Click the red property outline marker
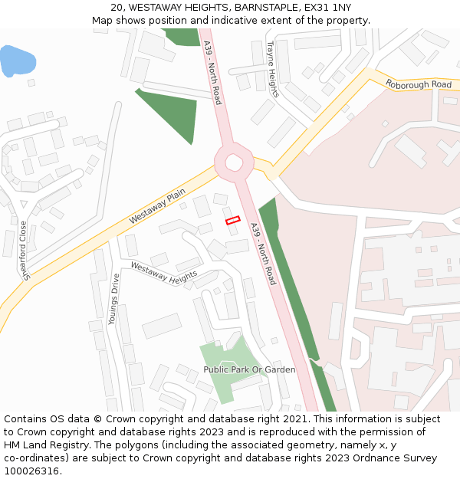click(x=232, y=220)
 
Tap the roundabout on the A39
click(x=234, y=162)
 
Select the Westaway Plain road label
click(x=157, y=208)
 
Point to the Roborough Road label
click(x=418, y=84)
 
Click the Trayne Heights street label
click(x=272, y=69)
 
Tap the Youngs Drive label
click(x=114, y=299)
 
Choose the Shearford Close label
click(x=25, y=251)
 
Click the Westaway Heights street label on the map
click(x=164, y=271)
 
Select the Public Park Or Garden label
click(x=249, y=369)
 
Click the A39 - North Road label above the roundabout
click(x=212, y=72)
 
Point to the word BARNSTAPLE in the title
click(x=259, y=8)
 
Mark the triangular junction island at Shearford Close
click(x=24, y=205)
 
